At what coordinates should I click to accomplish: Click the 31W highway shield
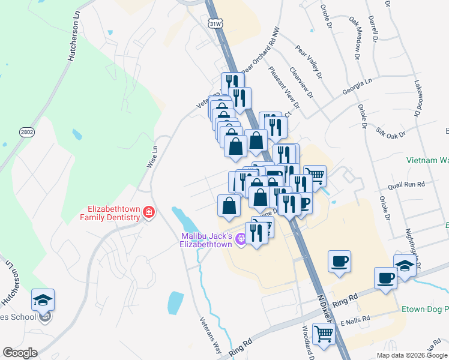click(216, 23)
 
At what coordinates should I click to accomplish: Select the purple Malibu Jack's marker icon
click(242, 239)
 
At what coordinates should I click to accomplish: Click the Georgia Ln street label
click(358, 85)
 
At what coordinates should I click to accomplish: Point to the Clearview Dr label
click(302, 82)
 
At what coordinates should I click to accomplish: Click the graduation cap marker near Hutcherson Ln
click(43, 299)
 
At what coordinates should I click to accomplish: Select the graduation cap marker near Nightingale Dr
click(405, 266)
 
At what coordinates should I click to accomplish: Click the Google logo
click(20, 353)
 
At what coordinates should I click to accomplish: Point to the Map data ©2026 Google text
click(412, 355)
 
